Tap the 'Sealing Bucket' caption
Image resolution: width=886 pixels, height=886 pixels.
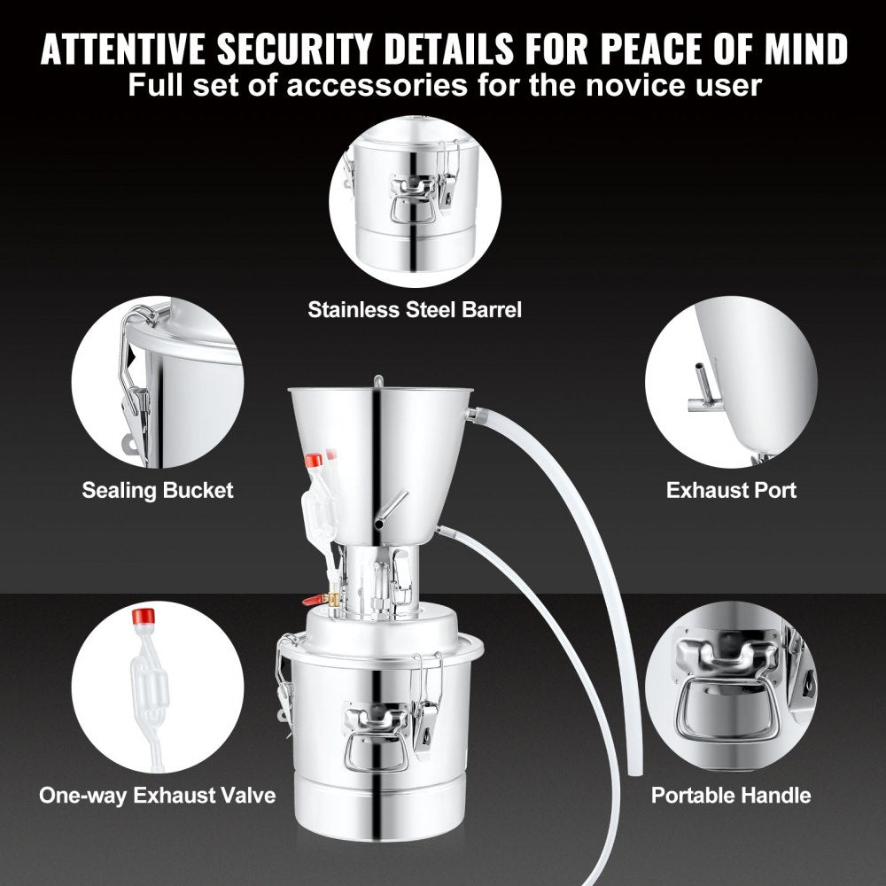(x=158, y=490)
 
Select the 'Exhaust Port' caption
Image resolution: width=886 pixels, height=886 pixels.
(x=731, y=490)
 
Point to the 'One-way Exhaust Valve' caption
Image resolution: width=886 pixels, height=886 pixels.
(x=157, y=794)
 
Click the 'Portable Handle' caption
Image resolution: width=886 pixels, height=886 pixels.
(x=731, y=794)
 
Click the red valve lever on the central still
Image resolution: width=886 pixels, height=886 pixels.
(x=315, y=600)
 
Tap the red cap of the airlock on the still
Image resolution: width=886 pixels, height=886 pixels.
(x=313, y=461)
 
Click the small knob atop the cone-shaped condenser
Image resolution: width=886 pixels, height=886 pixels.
(x=378, y=381)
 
